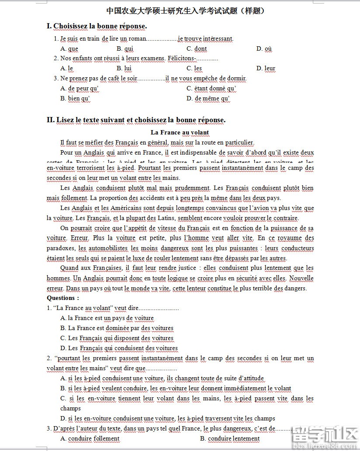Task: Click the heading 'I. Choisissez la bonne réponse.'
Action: [97, 26]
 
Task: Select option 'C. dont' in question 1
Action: [197, 48]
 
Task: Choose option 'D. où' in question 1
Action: [264, 48]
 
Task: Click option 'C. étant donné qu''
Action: [211, 89]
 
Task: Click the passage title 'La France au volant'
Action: [180, 132]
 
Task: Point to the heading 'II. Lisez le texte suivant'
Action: [136, 120]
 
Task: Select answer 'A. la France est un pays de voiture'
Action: [107, 318]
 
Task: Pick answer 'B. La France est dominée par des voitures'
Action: [117, 328]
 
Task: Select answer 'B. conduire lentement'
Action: [230, 438]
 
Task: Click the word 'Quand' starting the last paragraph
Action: [69, 268]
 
